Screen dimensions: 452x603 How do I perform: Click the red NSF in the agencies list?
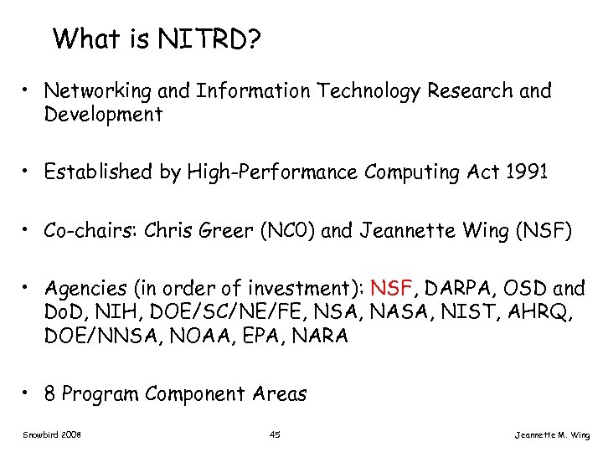[391, 289]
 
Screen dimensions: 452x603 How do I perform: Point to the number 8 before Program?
[50, 393]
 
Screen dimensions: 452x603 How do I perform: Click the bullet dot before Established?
[28, 172]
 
